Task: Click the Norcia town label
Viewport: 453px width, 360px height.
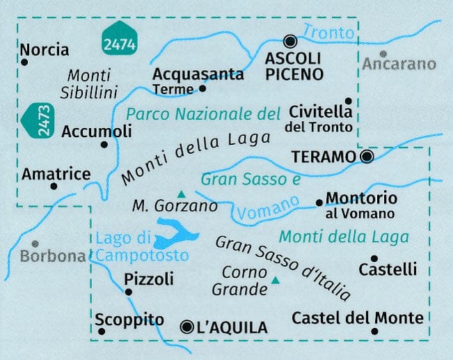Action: click(45, 49)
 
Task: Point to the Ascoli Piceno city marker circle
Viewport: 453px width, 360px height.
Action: click(290, 41)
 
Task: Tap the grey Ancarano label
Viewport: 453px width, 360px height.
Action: click(399, 65)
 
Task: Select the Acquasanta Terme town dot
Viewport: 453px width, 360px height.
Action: click(202, 88)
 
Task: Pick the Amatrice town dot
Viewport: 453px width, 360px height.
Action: click(54, 186)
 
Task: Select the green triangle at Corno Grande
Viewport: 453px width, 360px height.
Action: click(276, 281)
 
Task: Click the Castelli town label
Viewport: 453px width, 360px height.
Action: click(388, 269)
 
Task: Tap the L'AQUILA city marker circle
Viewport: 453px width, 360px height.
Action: click(186, 326)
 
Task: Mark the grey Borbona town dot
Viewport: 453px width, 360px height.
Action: click(33, 244)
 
